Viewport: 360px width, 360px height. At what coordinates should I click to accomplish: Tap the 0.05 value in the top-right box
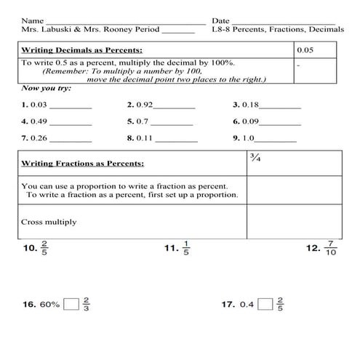[305, 52]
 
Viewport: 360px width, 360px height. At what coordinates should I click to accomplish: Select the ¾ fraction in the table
[255, 159]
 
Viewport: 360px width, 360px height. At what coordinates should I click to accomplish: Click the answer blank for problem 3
[280, 105]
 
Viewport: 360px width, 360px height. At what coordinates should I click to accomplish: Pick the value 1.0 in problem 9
[249, 137]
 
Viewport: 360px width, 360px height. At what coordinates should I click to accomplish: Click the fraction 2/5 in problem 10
[45, 247]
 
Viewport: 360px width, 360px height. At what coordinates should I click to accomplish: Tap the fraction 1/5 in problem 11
[186, 247]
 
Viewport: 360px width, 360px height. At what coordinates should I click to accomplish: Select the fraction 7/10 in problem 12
[331, 247]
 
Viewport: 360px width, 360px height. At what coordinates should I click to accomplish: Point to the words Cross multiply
[49, 222]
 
